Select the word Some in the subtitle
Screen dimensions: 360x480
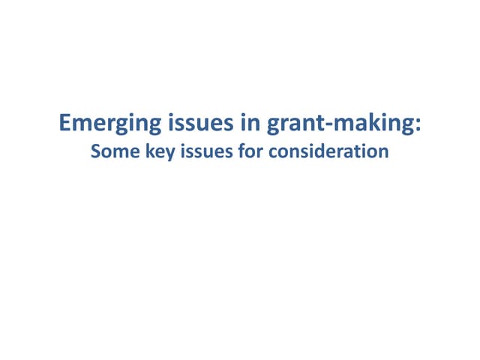109,151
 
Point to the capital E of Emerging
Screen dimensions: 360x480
64,121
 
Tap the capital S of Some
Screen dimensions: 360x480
95,151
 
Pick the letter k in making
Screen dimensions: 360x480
365,121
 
